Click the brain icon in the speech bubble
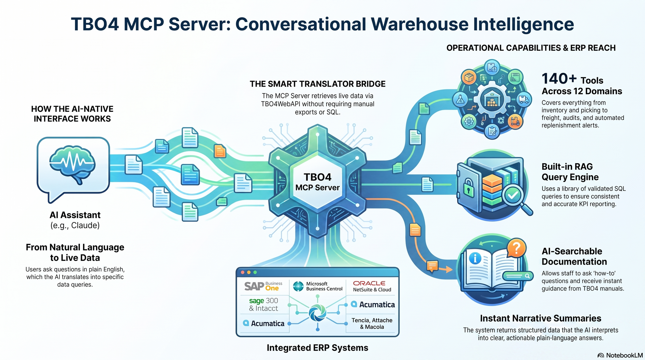[x=73, y=164]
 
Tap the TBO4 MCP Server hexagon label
[x=317, y=182]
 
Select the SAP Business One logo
[x=263, y=286]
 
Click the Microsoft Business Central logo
[x=318, y=286]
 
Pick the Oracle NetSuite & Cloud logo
[x=372, y=286]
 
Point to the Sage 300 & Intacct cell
[x=264, y=304]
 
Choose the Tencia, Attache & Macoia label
[x=372, y=323]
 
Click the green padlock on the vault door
[x=469, y=188]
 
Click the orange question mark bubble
[x=516, y=248]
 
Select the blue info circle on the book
[x=475, y=258]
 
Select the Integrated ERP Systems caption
[x=317, y=348]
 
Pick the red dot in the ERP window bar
[x=243, y=272]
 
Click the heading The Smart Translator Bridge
[x=317, y=84]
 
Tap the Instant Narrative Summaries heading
[x=541, y=318]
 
